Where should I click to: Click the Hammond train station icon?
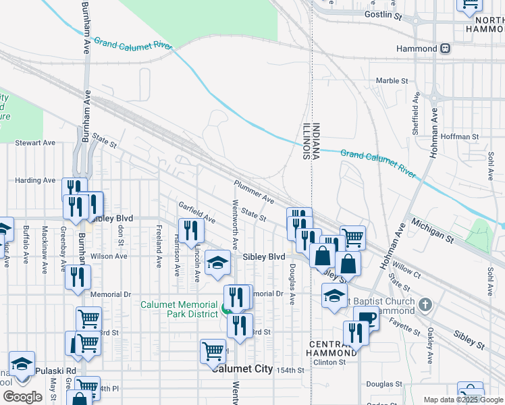coord(446,49)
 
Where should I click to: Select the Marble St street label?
coord(392,81)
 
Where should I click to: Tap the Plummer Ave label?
coord(254,192)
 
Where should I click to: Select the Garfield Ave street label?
coord(196,212)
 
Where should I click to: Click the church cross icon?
coord(424,304)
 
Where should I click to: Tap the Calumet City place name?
coord(242,369)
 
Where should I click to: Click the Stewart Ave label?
coord(35,143)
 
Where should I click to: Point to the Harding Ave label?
coord(35,180)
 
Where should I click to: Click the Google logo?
coord(22,396)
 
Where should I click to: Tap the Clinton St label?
coord(329,362)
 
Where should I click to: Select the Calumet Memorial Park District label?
coord(180,309)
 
